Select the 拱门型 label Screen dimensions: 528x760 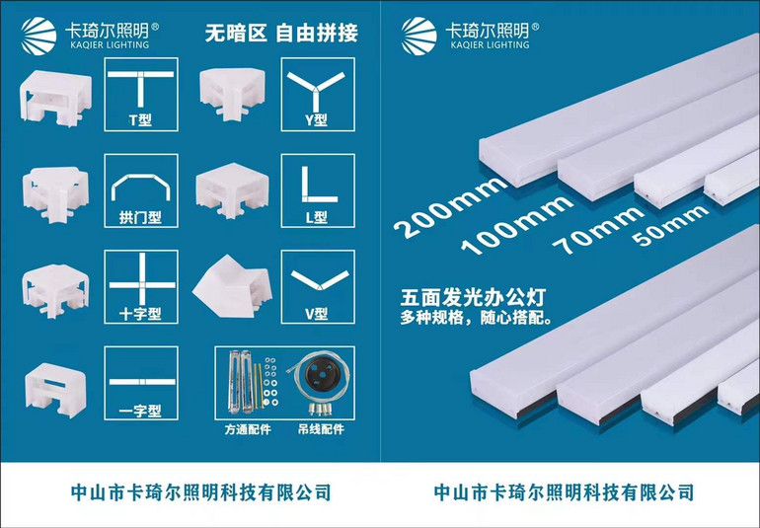pyautogui.click(x=140, y=216)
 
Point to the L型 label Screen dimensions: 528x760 pyautogui.click(x=317, y=216)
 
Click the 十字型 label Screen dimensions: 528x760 pyautogui.click(x=140, y=314)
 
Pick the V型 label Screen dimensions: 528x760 pyautogui.click(x=317, y=314)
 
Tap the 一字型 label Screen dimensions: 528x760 pyautogui.click(x=140, y=411)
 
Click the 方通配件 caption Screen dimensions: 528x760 pyautogui.click(x=244, y=431)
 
